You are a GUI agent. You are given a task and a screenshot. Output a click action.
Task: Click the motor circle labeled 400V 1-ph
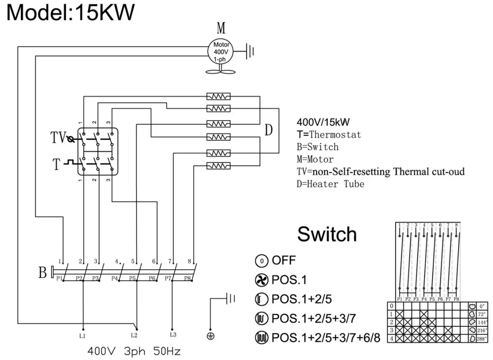tap(220, 52)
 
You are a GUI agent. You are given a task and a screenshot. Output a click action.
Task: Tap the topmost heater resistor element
tap(219, 96)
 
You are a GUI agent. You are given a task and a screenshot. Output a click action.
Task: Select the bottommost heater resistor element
tap(219, 166)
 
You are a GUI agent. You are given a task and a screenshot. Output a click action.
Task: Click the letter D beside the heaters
tap(268, 130)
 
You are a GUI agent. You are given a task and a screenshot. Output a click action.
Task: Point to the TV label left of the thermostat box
tap(58, 138)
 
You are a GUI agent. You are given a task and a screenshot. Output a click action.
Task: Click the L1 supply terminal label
tap(83, 335)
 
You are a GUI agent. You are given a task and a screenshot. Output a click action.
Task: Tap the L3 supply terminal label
tap(173, 334)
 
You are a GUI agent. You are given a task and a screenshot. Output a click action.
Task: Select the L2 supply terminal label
tap(134, 335)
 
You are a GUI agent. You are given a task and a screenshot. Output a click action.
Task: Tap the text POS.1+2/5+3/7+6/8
tap(326, 337)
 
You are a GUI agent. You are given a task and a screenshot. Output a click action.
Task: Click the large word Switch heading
tap(327, 235)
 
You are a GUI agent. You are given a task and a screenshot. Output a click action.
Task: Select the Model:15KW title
tap(71, 13)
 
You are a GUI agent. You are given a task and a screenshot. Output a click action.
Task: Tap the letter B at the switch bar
tap(43, 273)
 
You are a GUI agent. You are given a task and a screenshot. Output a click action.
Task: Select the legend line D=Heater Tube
tap(330, 184)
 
